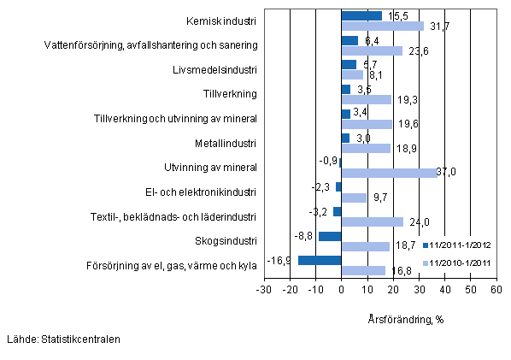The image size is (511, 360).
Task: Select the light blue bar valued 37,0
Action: [x=388, y=173]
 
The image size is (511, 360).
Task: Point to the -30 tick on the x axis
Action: [x=264, y=291]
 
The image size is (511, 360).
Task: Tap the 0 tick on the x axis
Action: [x=341, y=291]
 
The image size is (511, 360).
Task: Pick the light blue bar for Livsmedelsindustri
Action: [x=351, y=74]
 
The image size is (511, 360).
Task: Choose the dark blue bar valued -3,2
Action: [x=337, y=212]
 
